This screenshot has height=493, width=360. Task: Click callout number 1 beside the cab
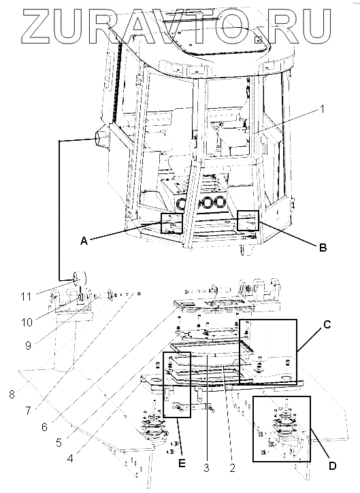pos(321,109)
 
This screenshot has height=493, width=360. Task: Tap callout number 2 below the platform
pos(232,468)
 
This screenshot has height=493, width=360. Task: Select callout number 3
pos(206,468)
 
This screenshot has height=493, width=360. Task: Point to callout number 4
pos(70,458)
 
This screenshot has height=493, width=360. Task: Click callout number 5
pos(59,443)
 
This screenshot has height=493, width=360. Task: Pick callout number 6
pos(44,427)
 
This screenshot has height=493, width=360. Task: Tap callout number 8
pos(12,394)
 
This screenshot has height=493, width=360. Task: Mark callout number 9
pos(28,345)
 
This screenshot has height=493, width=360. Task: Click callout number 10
pos(27,322)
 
